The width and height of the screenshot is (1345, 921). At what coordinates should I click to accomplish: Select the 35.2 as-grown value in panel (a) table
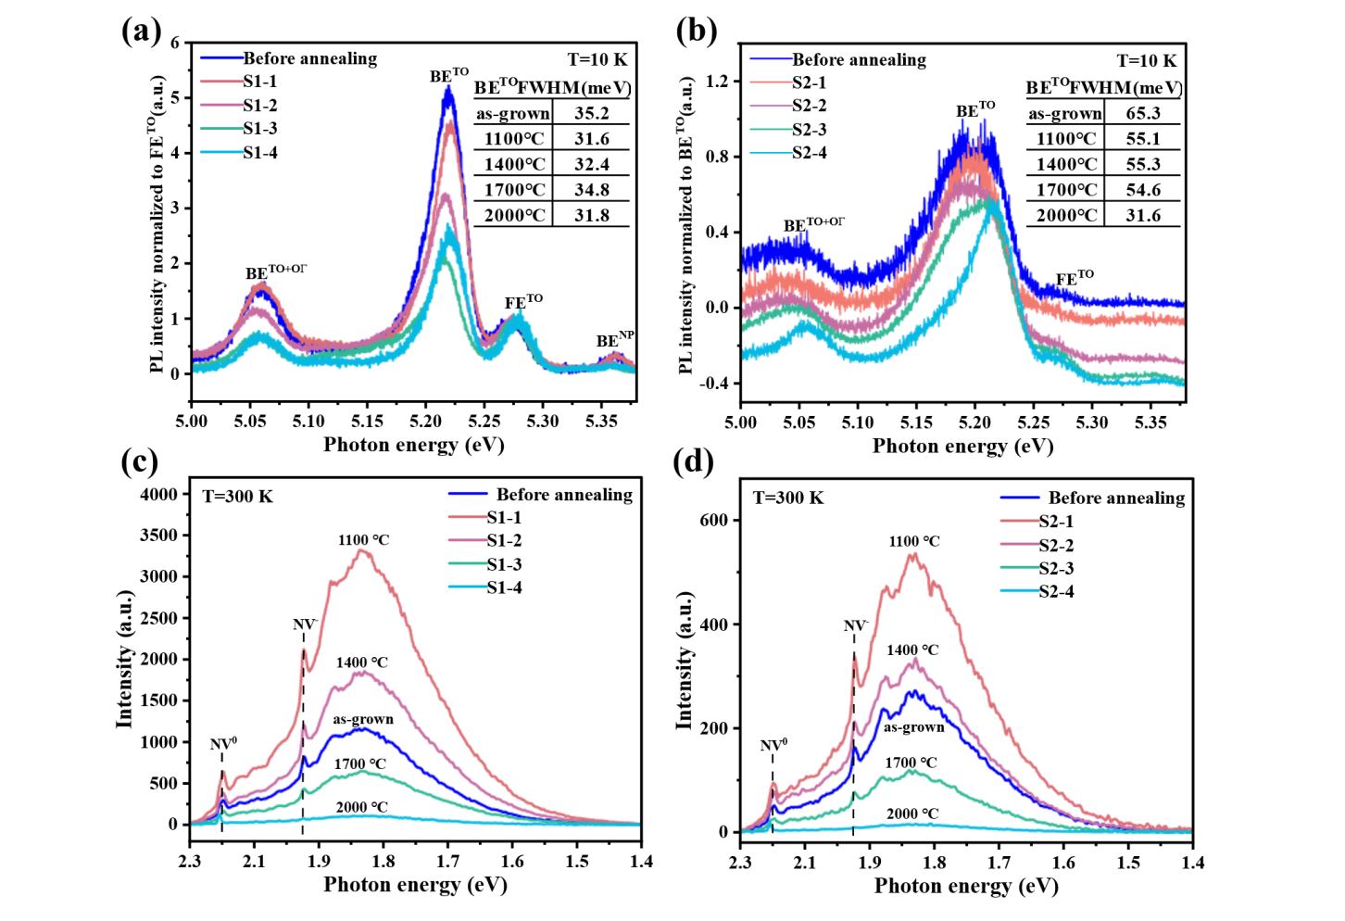tap(591, 114)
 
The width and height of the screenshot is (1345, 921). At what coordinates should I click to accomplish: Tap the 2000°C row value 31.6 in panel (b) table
tap(1142, 216)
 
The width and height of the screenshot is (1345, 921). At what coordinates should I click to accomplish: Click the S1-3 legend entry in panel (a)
tap(260, 129)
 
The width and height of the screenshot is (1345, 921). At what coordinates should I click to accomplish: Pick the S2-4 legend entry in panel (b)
tap(809, 153)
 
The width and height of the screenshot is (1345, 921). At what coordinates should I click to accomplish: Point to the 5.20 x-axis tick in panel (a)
tap(425, 422)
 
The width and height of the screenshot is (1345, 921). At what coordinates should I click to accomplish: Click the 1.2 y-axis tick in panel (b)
tap(717, 82)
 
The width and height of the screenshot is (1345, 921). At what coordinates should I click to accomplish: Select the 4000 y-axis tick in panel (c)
tap(158, 495)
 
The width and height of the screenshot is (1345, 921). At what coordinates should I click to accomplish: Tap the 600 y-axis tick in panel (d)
tap(713, 521)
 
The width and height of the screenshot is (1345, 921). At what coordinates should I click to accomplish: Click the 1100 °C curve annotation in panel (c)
tap(363, 540)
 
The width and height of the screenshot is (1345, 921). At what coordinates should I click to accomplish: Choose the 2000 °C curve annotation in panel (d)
tap(911, 814)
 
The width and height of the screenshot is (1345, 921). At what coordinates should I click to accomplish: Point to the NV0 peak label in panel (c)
tap(223, 744)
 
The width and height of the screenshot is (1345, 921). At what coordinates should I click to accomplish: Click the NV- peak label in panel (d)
tap(855, 626)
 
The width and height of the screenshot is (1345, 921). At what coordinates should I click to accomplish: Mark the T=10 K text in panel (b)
tap(1146, 61)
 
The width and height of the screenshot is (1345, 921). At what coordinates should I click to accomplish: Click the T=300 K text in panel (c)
tap(238, 497)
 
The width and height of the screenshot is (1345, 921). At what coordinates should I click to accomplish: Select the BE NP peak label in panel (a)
tap(614, 340)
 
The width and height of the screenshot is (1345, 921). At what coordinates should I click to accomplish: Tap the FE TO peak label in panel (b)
tap(1075, 278)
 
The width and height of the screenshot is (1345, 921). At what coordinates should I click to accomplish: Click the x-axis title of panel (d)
tap(965, 887)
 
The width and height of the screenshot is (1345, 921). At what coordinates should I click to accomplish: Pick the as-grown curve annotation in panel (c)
tap(363, 719)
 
